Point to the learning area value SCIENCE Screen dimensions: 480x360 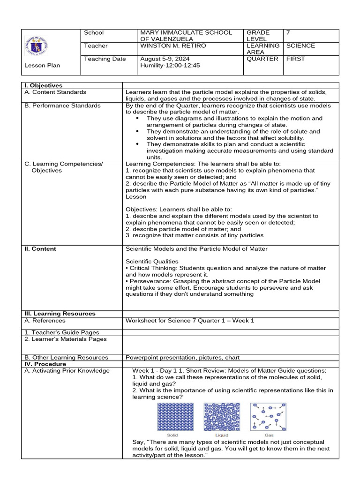tap(300, 46)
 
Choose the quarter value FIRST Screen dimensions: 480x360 tap(295, 59)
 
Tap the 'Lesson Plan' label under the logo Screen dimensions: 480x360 tap(42, 66)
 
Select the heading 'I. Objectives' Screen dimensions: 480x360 tap(44, 86)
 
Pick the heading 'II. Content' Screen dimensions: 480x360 tap(40, 249)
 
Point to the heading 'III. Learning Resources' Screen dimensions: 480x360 tap(60, 314)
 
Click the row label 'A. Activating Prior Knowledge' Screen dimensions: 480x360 tap(67, 371)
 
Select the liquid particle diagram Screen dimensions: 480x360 tap(221, 417)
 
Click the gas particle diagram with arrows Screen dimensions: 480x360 tap(268, 417)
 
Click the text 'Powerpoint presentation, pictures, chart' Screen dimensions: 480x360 tap(183, 357)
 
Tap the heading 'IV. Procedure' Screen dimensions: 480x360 tap(45, 364)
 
